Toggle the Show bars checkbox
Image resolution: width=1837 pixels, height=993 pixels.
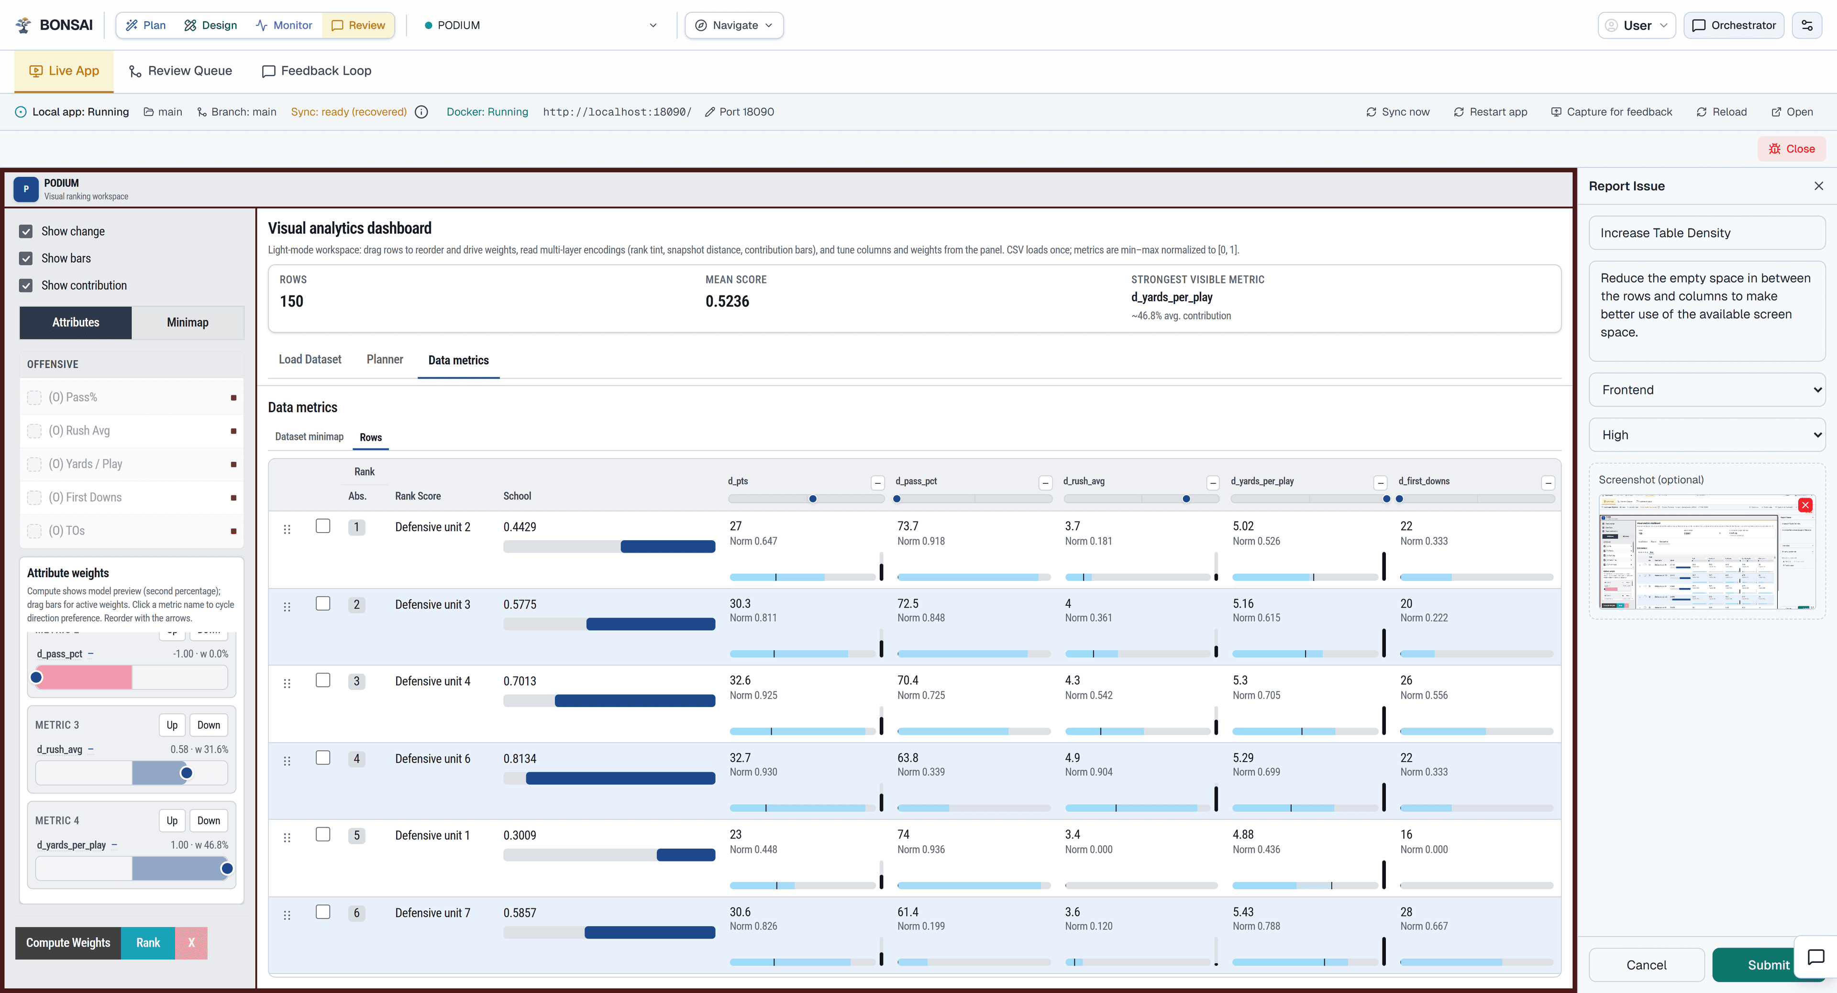tap(26, 258)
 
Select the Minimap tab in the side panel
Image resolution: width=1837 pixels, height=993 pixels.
tap(188, 322)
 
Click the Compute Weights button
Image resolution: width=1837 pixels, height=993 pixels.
tap(68, 942)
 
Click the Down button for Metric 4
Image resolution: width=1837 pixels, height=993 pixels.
tap(208, 820)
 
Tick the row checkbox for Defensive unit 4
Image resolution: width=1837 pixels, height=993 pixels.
tap(323, 680)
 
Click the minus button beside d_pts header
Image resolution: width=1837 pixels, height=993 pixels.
tap(877, 482)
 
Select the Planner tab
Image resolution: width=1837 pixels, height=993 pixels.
tap(384, 359)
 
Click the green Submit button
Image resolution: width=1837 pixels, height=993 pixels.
tap(1767, 964)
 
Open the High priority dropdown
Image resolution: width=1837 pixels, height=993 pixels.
tap(1706, 435)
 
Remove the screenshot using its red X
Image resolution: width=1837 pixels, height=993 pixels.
tap(1805, 505)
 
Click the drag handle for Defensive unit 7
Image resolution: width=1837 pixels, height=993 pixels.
tap(287, 915)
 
